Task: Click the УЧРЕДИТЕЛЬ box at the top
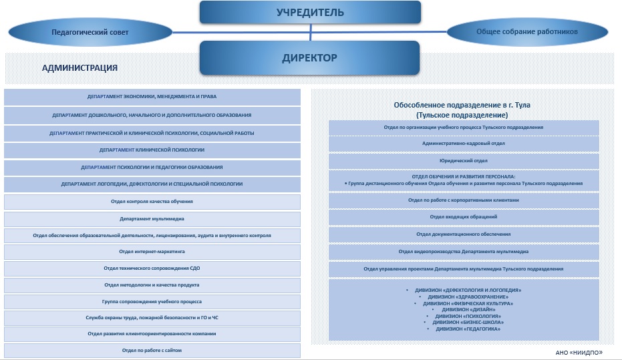pos(310,12)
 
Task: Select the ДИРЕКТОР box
pos(309,57)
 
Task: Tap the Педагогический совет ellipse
pos(90,31)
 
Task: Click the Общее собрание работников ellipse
pos(527,31)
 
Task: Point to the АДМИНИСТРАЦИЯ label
pos(80,67)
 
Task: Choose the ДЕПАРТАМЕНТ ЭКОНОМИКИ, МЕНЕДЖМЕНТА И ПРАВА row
pos(152,97)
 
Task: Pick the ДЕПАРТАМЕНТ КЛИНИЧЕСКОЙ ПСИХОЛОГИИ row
pos(152,150)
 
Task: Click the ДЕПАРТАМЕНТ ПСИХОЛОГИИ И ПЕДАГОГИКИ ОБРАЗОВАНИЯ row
pos(152,167)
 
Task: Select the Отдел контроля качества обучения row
pos(152,201)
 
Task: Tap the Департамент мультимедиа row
pos(152,218)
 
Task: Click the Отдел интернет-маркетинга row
pos(152,252)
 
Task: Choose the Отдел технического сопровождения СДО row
pos(152,268)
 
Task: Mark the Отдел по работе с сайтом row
pos(152,350)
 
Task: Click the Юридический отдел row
pos(463,161)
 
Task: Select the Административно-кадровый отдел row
pos(463,144)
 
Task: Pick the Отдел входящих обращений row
pos(463,216)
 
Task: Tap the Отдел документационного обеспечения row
pos(463,234)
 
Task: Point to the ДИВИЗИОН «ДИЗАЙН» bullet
pos(468,309)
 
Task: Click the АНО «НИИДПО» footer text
pos(579,352)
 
